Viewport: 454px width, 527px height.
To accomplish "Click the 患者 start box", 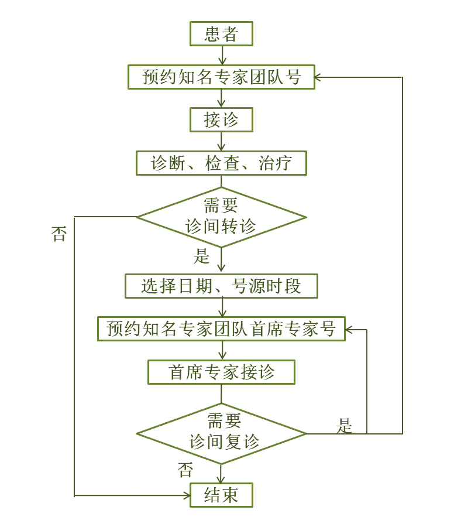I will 221,34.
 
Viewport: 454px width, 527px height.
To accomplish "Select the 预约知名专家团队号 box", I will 221,77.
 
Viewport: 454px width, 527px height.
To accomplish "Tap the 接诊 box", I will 221,120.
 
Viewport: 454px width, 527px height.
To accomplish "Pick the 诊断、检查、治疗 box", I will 221,163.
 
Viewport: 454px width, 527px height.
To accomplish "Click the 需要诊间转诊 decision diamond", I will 221,217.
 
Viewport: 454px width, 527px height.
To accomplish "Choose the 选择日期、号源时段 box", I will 221,286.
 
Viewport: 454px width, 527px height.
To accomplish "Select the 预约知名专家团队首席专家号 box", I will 221,329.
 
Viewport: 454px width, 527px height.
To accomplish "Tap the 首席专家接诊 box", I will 221,372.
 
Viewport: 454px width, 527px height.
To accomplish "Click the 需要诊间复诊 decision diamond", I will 221,433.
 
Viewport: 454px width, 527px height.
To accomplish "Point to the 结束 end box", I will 221,495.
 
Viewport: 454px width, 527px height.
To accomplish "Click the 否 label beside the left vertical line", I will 59,235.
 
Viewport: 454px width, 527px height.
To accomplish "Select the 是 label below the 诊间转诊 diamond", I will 201,256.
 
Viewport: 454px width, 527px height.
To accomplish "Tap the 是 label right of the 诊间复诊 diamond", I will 345,426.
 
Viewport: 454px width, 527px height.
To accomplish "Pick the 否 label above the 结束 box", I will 185,470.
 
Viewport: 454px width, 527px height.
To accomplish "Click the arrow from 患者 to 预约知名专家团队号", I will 221,55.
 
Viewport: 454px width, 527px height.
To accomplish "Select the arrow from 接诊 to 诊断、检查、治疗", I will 221,142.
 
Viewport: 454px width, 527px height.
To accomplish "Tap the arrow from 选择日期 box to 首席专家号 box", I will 221,308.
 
